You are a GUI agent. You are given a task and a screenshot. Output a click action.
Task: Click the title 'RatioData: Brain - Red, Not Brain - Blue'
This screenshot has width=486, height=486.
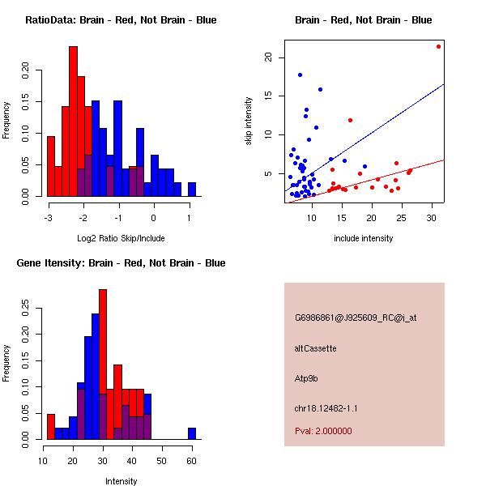tap(121, 20)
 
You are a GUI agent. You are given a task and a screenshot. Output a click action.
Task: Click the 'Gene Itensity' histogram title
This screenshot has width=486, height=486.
tap(121, 263)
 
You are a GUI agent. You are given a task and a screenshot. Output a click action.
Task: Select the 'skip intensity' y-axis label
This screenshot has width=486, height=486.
tap(250, 122)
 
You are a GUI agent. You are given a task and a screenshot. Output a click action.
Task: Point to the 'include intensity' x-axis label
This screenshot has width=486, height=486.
tap(364, 238)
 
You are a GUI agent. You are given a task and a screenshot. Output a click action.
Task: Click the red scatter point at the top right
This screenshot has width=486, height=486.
tap(438, 46)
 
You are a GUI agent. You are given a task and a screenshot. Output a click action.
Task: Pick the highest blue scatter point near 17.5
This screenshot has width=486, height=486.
tap(300, 75)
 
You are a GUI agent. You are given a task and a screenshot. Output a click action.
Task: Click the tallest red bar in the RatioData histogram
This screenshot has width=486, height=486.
tap(73, 122)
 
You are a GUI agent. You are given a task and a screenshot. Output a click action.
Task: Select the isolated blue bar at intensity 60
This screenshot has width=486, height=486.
tap(192, 433)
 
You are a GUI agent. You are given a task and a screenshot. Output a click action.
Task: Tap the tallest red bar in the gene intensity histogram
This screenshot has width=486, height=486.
tap(103, 364)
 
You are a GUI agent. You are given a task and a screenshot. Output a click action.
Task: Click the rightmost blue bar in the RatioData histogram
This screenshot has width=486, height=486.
tap(192, 190)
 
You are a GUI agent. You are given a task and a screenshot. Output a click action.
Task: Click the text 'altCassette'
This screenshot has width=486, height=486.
tap(316, 348)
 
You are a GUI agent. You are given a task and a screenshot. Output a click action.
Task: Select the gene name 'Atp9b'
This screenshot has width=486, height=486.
tap(305, 377)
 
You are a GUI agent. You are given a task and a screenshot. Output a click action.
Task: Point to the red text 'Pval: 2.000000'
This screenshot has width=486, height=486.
tap(323, 431)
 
